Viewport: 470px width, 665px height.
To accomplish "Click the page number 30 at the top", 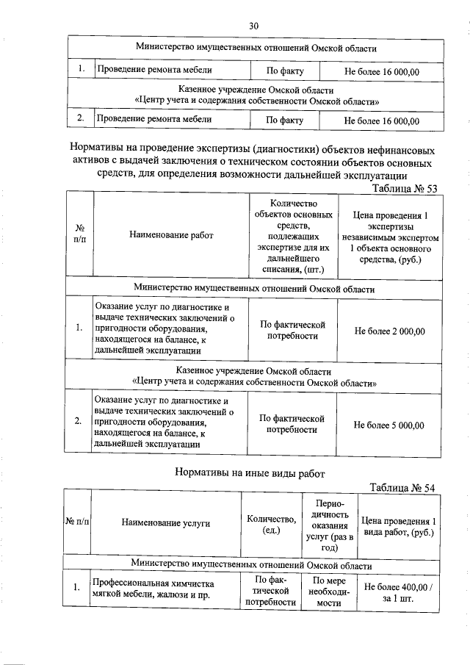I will tap(254, 26).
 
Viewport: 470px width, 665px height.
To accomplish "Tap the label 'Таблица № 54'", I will tap(403, 488).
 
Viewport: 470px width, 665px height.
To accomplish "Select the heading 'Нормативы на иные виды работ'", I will tap(250, 473).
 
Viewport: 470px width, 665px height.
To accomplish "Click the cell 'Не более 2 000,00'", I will tap(389, 331).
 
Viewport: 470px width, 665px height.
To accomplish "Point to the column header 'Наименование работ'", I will tap(171, 235).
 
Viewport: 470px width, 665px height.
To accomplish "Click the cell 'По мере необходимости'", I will tap(328, 591).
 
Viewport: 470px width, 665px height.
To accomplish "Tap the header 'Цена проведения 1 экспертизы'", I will tap(390, 237).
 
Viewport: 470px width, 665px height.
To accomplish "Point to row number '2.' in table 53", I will tap(79, 422).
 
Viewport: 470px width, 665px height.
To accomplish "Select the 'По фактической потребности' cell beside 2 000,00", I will tap(292, 331).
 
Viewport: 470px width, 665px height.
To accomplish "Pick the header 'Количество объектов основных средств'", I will tap(292, 235).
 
